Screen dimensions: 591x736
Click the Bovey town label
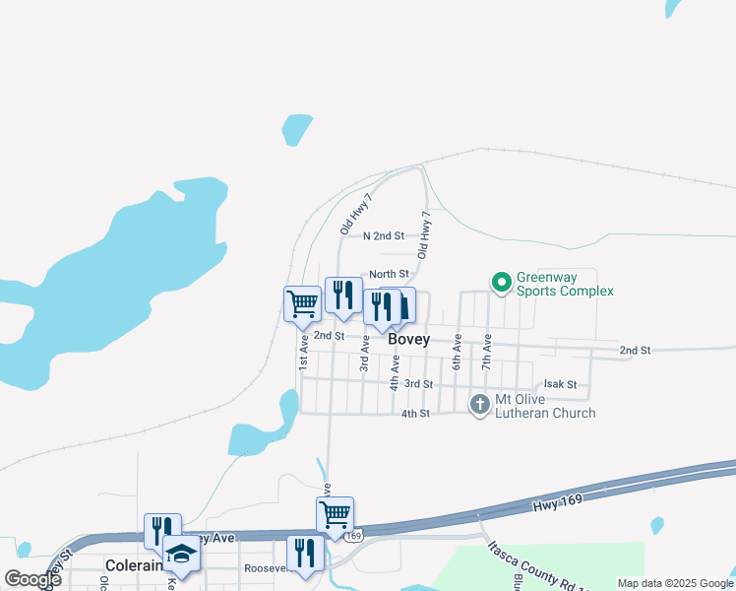[x=408, y=339]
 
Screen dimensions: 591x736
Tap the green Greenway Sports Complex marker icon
[x=501, y=283]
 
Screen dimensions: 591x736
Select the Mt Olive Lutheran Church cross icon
[x=479, y=404]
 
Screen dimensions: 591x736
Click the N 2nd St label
[x=384, y=235]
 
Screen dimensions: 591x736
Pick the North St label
[x=389, y=274]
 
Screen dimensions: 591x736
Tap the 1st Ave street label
[x=304, y=350]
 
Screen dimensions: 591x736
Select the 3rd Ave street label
[x=364, y=352]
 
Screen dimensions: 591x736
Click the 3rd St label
[x=419, y=383]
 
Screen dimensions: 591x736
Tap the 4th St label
[x=415, y=414]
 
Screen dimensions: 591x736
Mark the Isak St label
[x=560, y=385]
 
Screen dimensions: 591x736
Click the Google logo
[x=32, y=579]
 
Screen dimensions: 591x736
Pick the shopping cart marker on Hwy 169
[x=335, y=514]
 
